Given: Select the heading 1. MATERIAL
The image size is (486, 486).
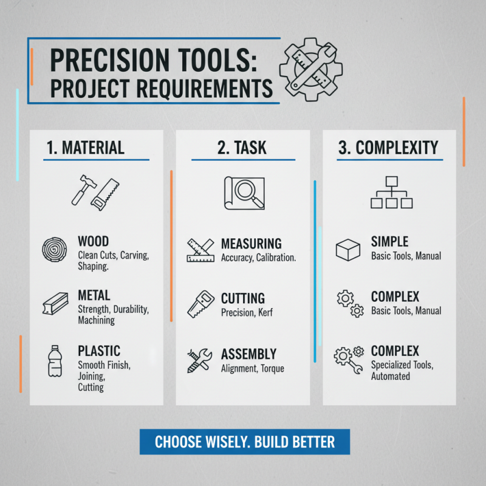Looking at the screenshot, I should pos(85,147).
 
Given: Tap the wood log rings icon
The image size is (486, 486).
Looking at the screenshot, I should pos(56,250).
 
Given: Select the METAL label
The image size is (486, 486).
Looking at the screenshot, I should pos(94,295).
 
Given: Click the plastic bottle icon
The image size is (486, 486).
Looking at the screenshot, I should pos(55,361).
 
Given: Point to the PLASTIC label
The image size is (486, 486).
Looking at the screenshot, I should pos(99,351).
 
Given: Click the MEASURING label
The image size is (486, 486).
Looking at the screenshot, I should pos(251,244).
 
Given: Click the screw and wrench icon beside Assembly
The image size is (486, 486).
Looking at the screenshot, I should pos(199,360).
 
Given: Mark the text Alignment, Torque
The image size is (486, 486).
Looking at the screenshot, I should pos(252,368).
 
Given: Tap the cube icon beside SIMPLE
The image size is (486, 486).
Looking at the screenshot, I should pos(348,250).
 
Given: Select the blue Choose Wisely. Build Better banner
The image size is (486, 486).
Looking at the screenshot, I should pos(245,441).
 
